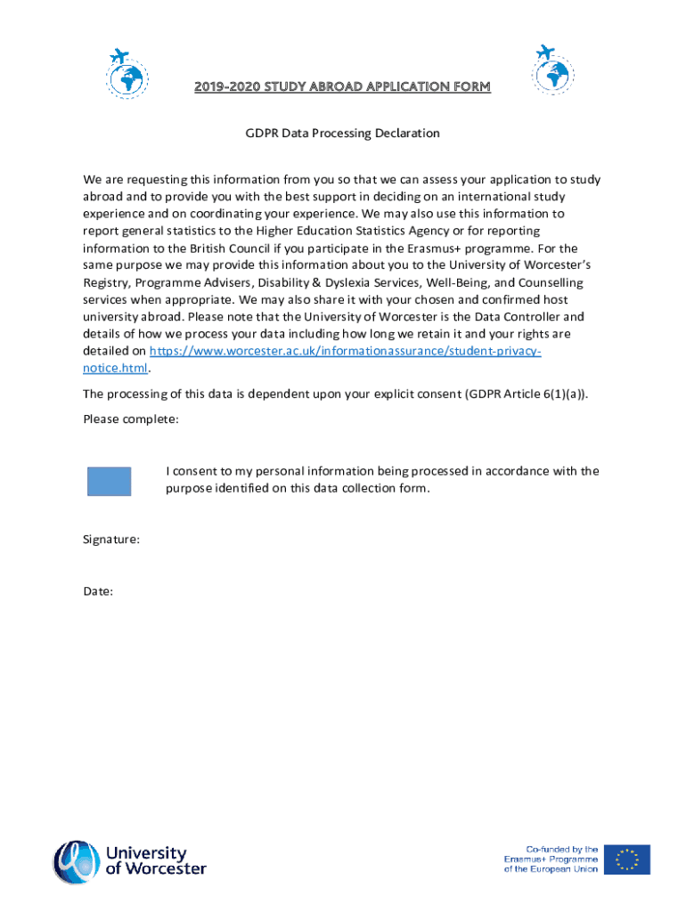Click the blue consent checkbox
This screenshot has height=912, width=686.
click(x=109, y=481)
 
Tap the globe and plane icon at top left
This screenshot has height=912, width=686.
click(x=127, y=71)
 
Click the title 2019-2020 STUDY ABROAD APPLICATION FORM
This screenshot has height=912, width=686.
click(x=342, y=86)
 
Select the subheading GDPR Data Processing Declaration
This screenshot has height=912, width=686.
click(x=343, y=134)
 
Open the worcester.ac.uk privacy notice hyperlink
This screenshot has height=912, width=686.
click(x=345, y=352)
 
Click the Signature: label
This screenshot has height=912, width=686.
click(x=111, y=540)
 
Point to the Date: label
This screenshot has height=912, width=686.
click(x=98, y=590)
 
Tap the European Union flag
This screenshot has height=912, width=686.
click(x=627, y=859)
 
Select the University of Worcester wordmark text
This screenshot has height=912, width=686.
click(x=156, y=860)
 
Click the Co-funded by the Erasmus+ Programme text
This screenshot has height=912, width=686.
click(x=551, y=859)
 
